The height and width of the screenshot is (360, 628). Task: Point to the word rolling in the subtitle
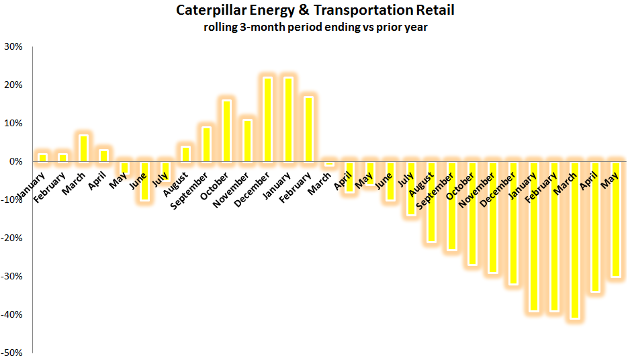tap(222, 28)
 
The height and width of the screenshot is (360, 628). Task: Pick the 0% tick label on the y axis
tap(16, 161)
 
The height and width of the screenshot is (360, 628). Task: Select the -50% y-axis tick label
tap(12, 353)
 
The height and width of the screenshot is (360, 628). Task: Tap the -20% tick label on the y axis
tap(12, 238)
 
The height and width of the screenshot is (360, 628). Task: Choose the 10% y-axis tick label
tap(14, 123)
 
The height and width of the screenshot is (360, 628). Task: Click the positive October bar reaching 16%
tap(227, 131)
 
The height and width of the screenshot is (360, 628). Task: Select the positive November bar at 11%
tap(247, 140)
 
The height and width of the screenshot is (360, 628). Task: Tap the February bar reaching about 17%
tap(309, 129)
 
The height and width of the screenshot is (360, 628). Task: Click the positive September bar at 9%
tap(206, 144)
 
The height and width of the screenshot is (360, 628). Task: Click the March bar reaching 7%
tap(83, 148)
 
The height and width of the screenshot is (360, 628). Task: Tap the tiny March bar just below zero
tap(329, 164)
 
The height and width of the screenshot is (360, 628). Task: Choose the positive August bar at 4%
tap(186, 154)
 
